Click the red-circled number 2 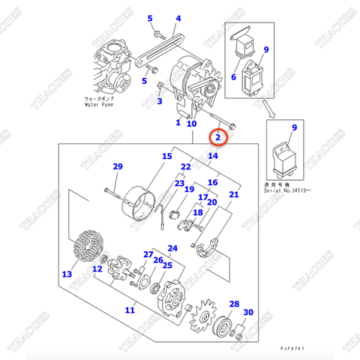[217, 137]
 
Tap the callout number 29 [117, 166]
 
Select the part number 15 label [166, 157]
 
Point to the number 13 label [67, 274]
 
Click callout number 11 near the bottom [130, 309]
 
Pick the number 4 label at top [178, 18]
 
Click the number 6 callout [233, 77]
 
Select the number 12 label [97, 268]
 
